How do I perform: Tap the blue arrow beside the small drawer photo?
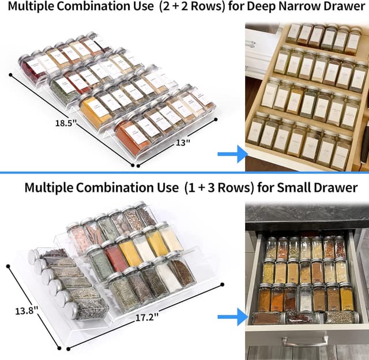pyautogui.click(x=232, y=316)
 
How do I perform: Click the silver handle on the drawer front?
pyautogui.click(x=302, y=341)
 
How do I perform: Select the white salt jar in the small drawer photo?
pyautogui.click(x=306, y=298)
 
